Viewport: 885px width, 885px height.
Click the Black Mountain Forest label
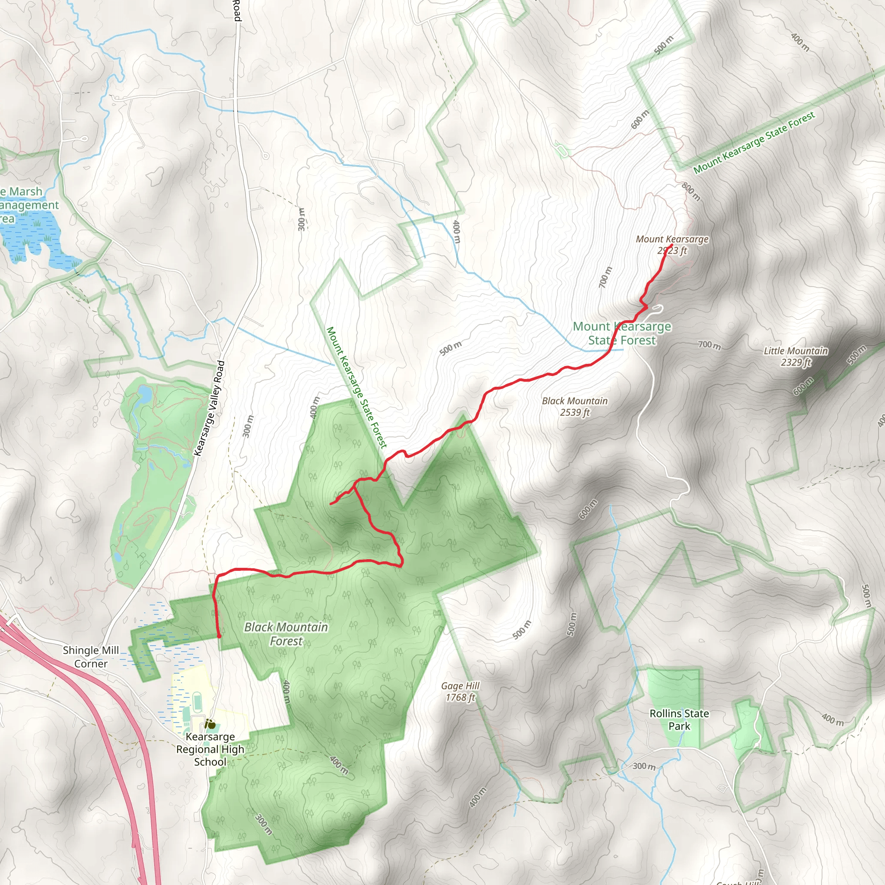(286, 634)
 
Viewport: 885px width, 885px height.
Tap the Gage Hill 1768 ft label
(460, 691)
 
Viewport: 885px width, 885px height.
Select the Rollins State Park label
(679, 719)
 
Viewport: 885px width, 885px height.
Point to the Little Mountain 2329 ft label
(796, 357)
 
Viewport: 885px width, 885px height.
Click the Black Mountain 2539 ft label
(574, 406)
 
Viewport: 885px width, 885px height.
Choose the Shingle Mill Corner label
(91, 657)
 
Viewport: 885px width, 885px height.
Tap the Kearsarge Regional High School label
(210, 749)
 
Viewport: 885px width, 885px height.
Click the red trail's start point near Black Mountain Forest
(219, 636)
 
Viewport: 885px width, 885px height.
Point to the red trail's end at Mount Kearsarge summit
(671, 246)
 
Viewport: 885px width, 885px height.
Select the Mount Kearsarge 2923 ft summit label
(672, 245)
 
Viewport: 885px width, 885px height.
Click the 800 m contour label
(691, 191)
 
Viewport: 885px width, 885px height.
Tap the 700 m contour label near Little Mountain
(709, 345)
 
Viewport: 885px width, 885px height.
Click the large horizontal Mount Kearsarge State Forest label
(622, 333)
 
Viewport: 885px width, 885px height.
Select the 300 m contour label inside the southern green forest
(264, 824)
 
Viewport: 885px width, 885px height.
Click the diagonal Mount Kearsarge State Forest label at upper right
(754, 143)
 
